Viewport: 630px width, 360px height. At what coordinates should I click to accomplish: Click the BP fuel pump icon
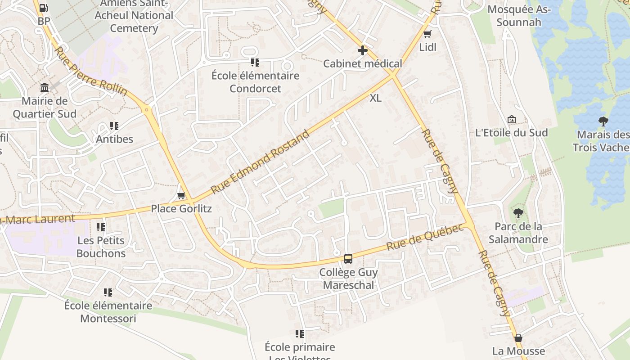[x=44, y=8]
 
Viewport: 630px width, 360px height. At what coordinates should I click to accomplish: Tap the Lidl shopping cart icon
[x=427, y=34]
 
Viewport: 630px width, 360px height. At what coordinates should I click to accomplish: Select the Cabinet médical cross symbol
[x=362, y=50]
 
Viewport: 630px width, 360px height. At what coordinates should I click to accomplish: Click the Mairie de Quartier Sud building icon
[x=45, y=87]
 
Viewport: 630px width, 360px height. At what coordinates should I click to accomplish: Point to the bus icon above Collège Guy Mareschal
[x=348, y=259]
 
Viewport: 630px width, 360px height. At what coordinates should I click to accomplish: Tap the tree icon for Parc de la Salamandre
[x=518, y=213]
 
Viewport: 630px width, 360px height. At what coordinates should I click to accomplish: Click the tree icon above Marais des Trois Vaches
[x=603, y=121]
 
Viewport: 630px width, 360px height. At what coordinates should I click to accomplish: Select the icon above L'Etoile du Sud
[x=512, y=119]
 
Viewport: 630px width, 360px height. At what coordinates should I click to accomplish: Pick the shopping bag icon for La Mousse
[x=518, y=338]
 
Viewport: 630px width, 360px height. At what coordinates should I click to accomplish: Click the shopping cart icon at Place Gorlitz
[x=181, y=195]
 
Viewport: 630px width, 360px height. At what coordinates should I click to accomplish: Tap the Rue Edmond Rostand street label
[x=261, y=162]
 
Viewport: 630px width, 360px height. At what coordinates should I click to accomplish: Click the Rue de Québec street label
[x=425, y=237]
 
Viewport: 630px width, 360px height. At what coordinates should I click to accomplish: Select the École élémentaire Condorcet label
[x=255, y=82]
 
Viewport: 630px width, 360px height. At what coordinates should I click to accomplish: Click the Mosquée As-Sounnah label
[x=519, y=16]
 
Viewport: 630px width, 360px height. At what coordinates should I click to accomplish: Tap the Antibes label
[x=114, y=139]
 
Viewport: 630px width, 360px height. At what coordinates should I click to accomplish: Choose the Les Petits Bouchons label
[x=101, y=247]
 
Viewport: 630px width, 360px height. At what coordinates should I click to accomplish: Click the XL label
[x=376, y=98]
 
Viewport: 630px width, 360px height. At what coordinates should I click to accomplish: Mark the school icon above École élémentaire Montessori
[x=108, y=292]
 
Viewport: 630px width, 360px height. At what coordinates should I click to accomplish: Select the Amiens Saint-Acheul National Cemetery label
[x=134, y=16]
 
